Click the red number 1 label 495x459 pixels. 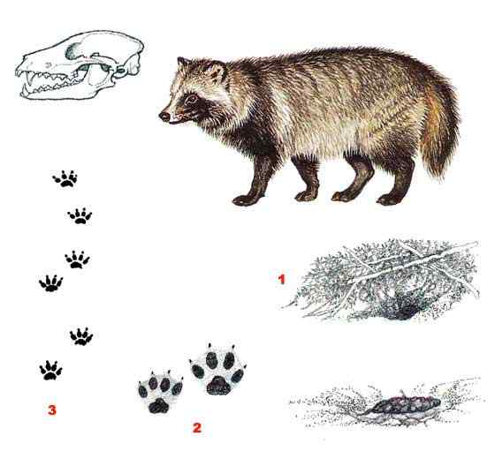tap(281, 279)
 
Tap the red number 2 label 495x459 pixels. tap(196, 428)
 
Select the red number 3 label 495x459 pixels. tap(52, 410)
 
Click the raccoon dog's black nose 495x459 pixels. tap(164, 117)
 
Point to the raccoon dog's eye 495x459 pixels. tap(191, 99)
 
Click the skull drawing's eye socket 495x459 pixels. tap(74, 50)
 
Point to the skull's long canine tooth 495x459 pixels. tap(31, 79)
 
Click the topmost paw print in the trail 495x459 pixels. tap(65, 178)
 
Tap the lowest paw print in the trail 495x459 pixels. tap(50, 370)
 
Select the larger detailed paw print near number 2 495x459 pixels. tap(217, 370)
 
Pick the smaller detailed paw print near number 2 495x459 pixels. tap(160, 392)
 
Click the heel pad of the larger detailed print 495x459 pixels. tap(218, 385)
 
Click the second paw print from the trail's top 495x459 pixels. tap(80, 216)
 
